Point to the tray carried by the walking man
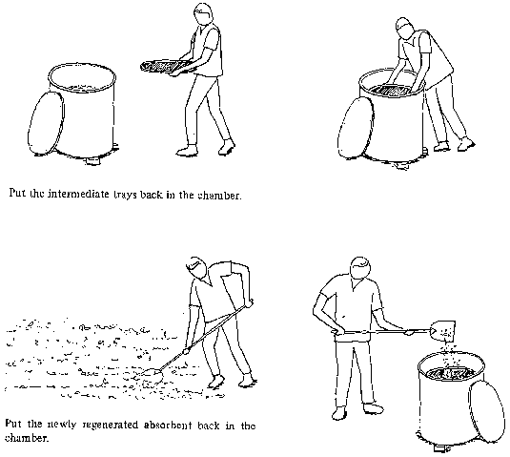click(161, 68)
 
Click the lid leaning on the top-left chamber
click(46, 123)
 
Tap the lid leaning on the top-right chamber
click(356, 128)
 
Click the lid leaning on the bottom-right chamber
click(486, 412)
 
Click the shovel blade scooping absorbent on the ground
click(150, 375)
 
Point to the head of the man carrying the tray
click(203, 13)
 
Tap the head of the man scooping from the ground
click(197, 267)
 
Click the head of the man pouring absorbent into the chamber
click(360, 267)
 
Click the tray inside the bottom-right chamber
click(451, 373)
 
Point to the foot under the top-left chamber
click(92, 161)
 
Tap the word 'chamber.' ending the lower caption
click(27, 438)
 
